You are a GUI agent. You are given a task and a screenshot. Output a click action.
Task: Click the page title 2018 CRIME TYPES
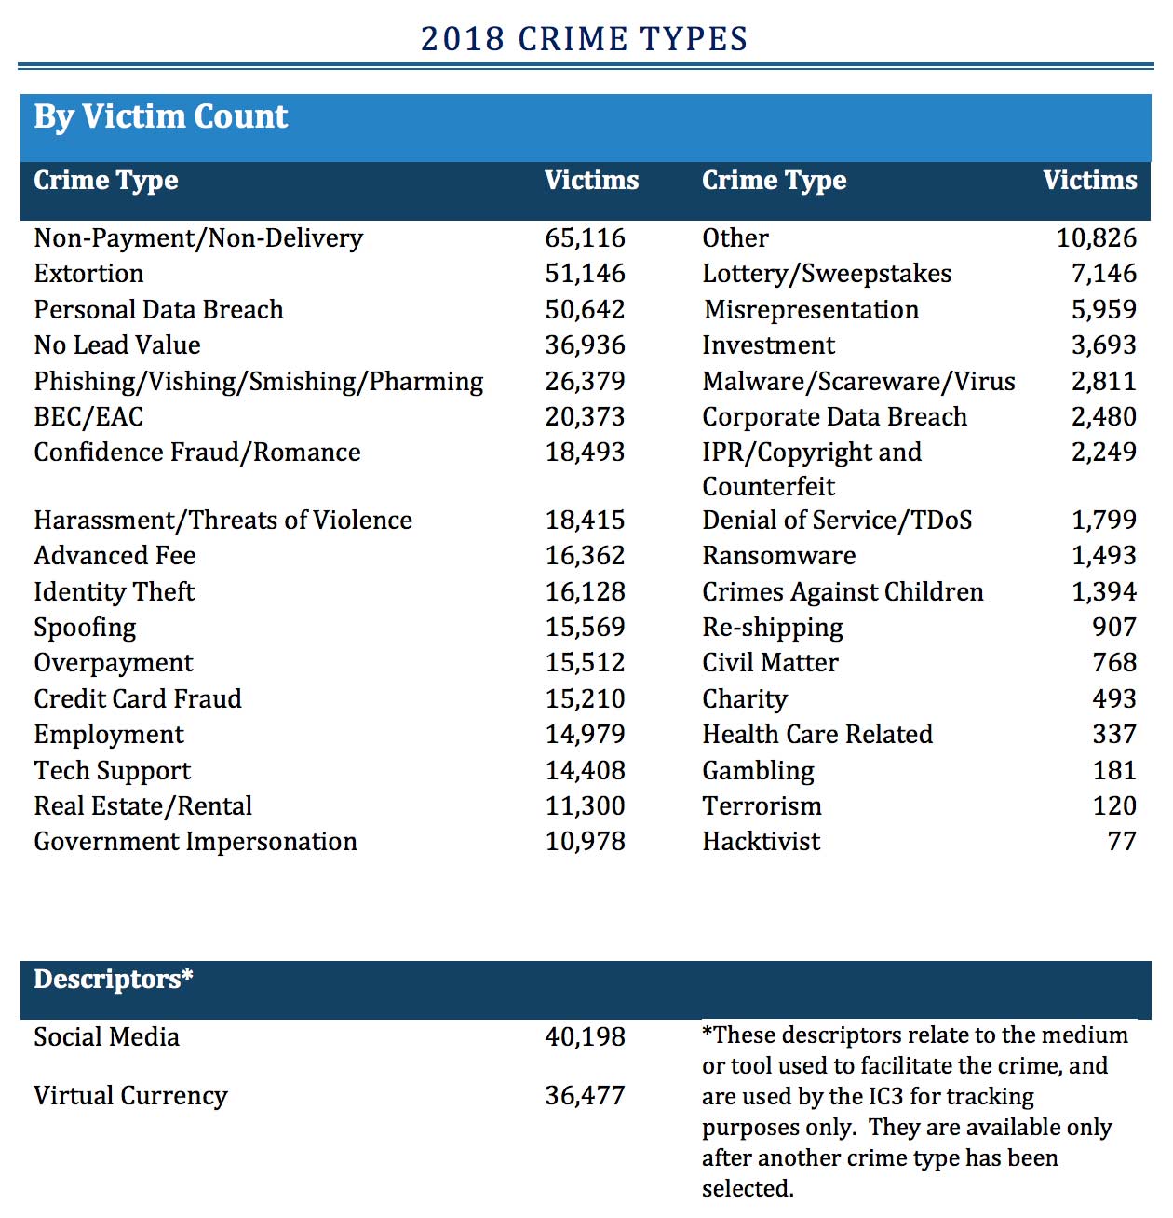tap(584, 39)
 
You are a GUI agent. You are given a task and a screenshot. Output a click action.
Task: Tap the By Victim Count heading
tap(160, 116)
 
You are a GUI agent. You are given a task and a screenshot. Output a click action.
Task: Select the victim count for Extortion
tap(585, 274)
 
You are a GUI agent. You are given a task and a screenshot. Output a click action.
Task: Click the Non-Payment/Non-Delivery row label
tap(198, 238)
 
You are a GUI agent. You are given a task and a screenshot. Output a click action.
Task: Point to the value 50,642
tap(585, 310)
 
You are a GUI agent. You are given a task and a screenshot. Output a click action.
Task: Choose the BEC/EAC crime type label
tap(88, 417)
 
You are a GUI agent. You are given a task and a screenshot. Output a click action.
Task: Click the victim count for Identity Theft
tap(585, 592)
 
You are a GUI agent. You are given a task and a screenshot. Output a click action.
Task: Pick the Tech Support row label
tap(112, 771)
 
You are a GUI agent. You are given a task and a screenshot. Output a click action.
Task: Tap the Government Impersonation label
tap(195, 842)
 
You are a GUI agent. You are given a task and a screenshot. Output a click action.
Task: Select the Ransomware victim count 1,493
tap(1103, 556)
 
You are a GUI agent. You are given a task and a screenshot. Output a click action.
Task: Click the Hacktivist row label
tap(761, 842)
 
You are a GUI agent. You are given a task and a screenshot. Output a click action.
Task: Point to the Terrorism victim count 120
tap(1114, 806)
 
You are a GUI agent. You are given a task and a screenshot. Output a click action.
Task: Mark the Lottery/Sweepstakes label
tap(827, 274)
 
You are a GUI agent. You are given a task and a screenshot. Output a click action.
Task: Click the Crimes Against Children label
tap(843, 592)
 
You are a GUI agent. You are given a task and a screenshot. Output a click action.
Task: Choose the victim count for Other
tap(1096, 238)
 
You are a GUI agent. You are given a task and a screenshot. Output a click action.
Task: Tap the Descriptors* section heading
tap(114, 980)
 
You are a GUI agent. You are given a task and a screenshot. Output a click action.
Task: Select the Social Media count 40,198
tap(585, 1037)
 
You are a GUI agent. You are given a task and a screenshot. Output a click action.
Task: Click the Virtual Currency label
tap(130, 1096)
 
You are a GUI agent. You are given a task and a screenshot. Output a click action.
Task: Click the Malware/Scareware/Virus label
tap(858, 382)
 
